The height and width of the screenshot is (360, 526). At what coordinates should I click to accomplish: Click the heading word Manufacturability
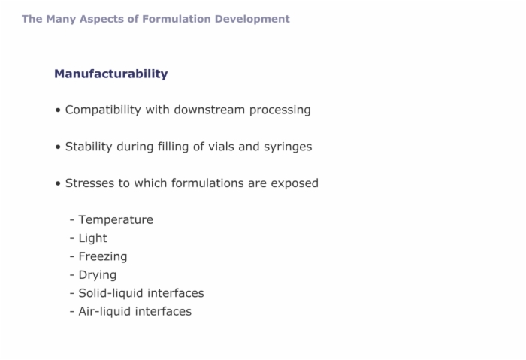pyautogui.click(x=111, y=74)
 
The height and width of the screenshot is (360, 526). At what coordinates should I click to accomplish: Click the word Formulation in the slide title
pyautogui.click(x=177, y=19)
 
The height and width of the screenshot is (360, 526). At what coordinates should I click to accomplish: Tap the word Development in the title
pyautogui.click(x=252, y=20)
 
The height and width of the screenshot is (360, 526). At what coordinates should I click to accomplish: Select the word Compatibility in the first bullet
pyautogui.click(x=103, y=110)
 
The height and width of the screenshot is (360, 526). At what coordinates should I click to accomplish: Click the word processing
pyautogui.click(x=280, y=110)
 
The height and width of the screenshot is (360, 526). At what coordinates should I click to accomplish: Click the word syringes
pyautogui.click(x=288, y=147)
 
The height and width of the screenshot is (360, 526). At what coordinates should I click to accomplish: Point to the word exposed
pyautogui.click(x=295, y=184)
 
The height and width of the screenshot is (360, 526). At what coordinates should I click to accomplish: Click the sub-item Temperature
pyautogui.click(x=116, y=220)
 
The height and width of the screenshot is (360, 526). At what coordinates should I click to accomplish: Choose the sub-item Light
pyautogui.click(x=92, y=238)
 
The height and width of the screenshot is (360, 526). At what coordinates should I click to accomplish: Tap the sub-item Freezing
pyautogui.click(x=103, y=257)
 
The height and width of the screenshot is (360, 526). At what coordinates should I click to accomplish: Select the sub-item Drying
pyautogui.click(x=97, y=275)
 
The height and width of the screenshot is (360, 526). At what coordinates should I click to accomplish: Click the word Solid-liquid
pyautogui.click(x=110, y=293)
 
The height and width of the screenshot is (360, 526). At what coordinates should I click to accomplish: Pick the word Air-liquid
pyautogui.click(x=104, y=312)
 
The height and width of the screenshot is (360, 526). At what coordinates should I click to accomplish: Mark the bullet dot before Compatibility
pyautogui.click(x=58, y=110)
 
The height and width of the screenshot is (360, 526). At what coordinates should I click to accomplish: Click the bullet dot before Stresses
pyautogui.click(x=58, y=183)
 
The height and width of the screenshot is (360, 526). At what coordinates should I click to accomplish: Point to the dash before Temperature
pyautogui.click(x=72, y=221)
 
